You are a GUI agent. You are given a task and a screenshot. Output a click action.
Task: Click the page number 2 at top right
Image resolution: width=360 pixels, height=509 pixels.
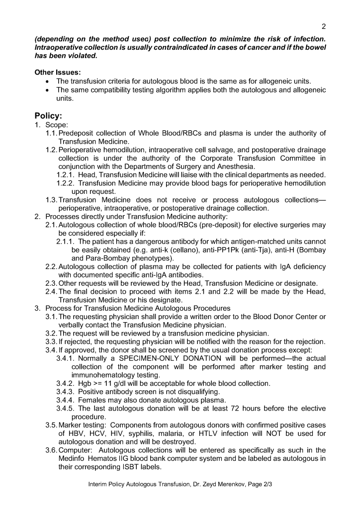coord(323,26)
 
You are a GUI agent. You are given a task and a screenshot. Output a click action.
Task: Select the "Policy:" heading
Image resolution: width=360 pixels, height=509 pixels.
coord(48,116)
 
